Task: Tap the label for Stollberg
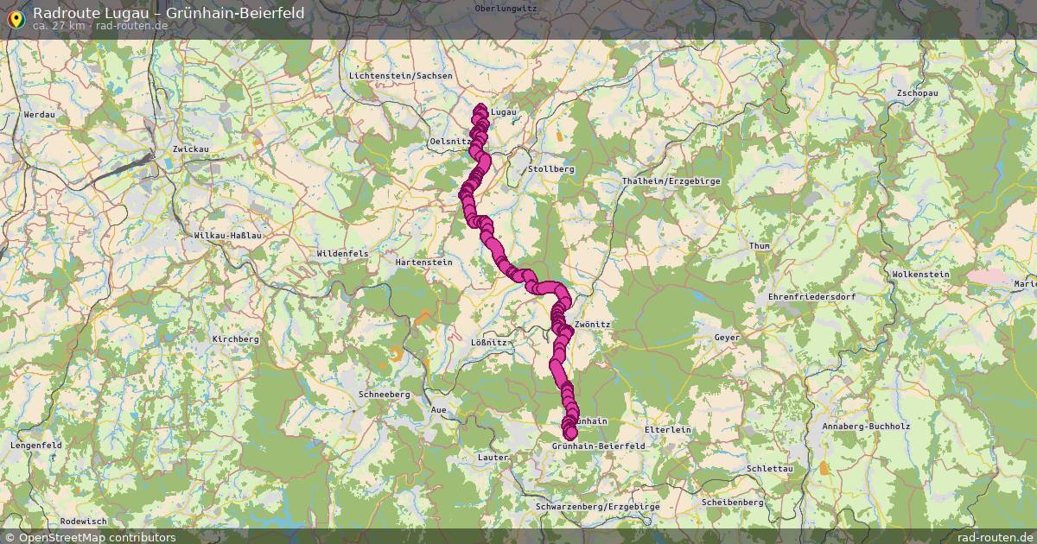click(x=550, y=169)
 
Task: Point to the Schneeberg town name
click(x=384, y=394)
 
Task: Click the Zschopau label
click(x=917, y=92)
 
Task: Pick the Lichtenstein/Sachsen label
click(x=400, y=76)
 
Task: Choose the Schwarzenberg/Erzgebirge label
click(x=598, y=507)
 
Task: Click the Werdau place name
click(x=40, y=114)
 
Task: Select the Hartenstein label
click(x=423, y=262)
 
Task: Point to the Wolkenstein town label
click(x=919, y=275)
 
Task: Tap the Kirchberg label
click(x=235, y=339)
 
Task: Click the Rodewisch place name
click(x=84, y=522)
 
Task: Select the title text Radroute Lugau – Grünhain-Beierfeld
click(x=169, y=12)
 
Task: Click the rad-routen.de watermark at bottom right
click(x=996, y=537)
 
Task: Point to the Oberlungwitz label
click(x=506, y=8)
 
